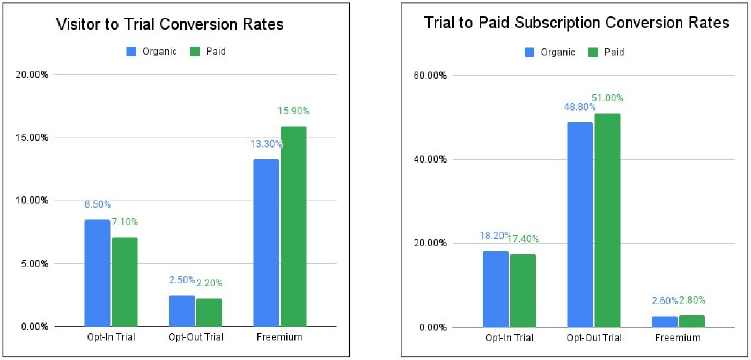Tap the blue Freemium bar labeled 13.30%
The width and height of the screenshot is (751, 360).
coord(266,243)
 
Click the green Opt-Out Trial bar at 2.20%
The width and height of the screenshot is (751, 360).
coord(209,312)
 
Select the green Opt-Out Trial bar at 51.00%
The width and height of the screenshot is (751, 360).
coord(607,220)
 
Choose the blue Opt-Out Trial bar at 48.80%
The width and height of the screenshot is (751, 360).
coord(580,224)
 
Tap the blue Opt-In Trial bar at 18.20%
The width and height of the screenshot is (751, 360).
coord(495,289)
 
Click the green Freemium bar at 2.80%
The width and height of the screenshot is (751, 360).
coord(691,321)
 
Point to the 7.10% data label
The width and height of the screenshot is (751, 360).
coord(124,222)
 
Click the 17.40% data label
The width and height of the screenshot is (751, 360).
coord(524,239)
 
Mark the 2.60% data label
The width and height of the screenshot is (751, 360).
coord(664,301)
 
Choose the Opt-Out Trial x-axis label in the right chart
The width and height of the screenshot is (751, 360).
coord(593,338)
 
